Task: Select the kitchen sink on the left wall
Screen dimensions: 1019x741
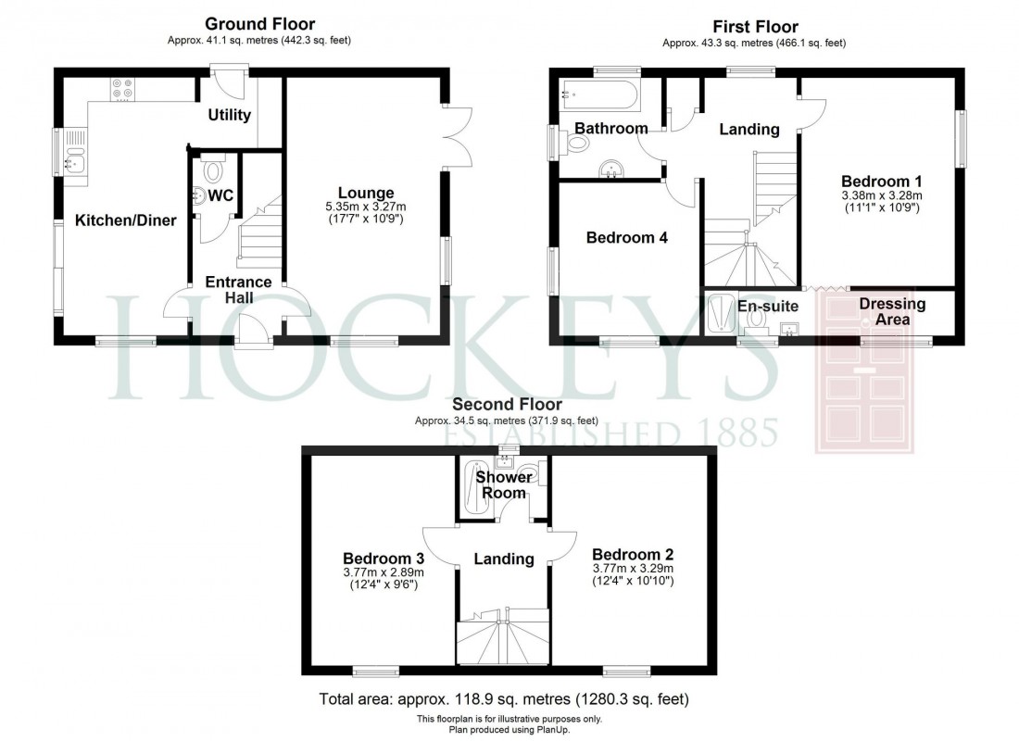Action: point(74,158)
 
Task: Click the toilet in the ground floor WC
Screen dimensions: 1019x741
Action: point(214,171)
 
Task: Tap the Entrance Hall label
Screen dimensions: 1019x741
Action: point(238,289)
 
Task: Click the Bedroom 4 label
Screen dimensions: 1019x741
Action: point(627,237)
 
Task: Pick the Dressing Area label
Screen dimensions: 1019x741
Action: point(892,311)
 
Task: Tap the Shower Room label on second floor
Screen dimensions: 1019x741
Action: point(504,484)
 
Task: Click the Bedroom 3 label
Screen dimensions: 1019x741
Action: point(384,559)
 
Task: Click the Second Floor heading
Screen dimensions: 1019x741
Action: point(507,405)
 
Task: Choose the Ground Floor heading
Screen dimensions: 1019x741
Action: point(259,24)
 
